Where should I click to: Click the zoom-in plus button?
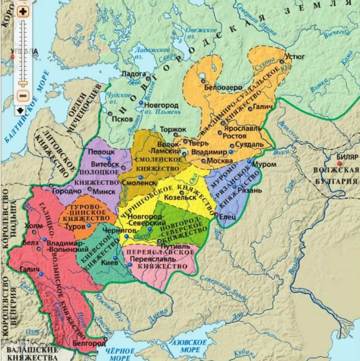click(x=23, y=10)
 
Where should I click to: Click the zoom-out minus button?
click(x=23, y=95)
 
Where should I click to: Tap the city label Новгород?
click(x=161, y=105)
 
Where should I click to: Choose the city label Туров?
click(x=75, y=225)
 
